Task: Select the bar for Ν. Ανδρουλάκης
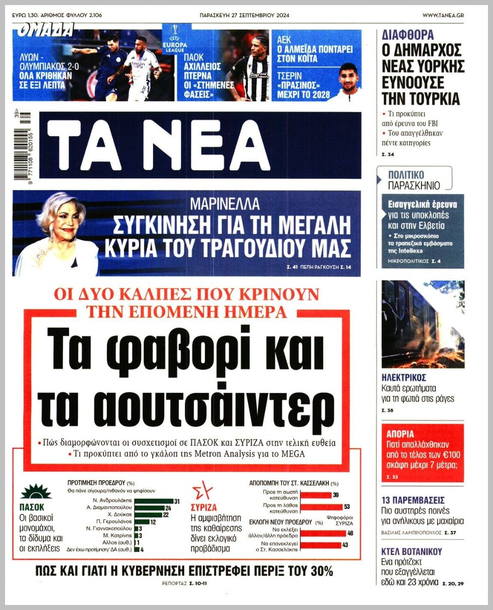pos(154,501)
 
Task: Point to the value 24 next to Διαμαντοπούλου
pos(168,508)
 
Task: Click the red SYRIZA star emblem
pos(203,492)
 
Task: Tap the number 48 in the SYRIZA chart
pos(349,532)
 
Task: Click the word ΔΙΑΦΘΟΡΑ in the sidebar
pos(407,35)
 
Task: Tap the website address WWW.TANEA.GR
pos(443,15)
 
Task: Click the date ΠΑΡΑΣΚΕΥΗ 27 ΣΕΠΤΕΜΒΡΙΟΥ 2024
pos(244,15)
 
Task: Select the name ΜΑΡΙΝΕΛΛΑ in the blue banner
pos(226,204)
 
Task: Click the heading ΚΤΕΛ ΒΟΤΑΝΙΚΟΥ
pos(412,552)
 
